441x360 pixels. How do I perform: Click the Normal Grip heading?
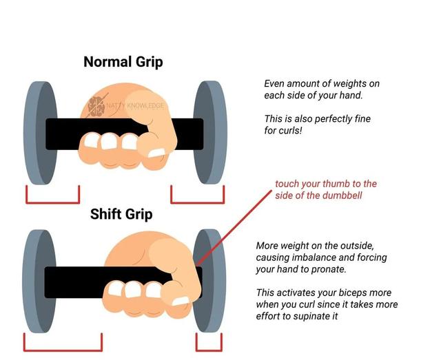point(123,62)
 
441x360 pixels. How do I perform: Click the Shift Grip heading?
point(121,215)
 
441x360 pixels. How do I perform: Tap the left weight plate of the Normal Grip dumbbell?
point(40,133)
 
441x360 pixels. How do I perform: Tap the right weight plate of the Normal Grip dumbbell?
point(209,132)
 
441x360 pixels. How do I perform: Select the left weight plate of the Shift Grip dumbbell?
point(39,282)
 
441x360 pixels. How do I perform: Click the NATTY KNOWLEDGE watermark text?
point(135,106)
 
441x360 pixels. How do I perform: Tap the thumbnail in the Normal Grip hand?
point(156,153)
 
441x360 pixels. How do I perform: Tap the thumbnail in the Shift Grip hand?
point(180,301)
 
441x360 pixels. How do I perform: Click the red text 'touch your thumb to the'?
point(326,184)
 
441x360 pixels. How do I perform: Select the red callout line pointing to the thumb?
point(234,228)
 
